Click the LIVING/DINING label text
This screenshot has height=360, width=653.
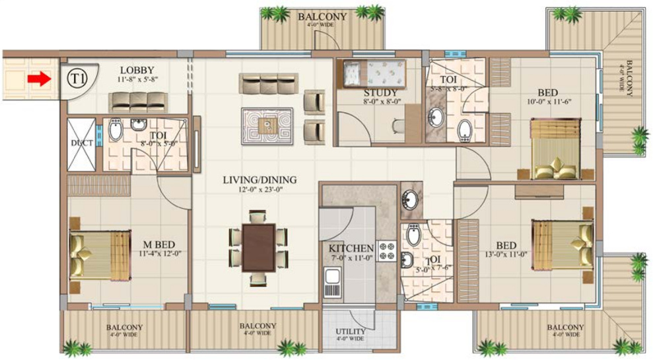pyautogui.click(x=259, y=179)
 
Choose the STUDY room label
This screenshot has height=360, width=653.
pyautogui.click(x=380, y=92)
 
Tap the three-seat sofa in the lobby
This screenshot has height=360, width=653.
pyautogui.click(x=137, y=101)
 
